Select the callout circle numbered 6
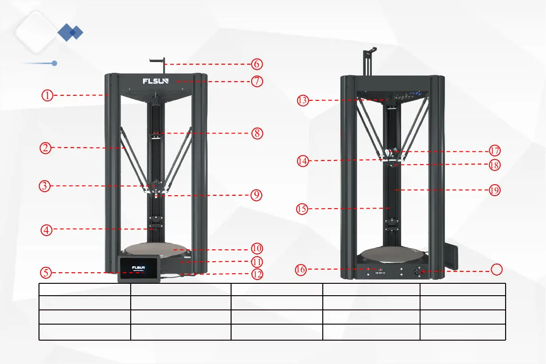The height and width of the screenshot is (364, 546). coord(257,64)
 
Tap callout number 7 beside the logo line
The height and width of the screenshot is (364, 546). coord(257,81)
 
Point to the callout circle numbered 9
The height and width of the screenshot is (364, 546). coord(257,195)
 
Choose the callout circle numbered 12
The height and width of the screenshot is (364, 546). coord(257,274)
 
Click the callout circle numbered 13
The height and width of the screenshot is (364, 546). coord(302,100)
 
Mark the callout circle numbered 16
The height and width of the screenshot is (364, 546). coord(300,270)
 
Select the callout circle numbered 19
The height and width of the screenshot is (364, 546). coord(494,190)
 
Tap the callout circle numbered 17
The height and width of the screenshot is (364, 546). coord(494,150)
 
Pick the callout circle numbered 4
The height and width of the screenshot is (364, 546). coord(46,230)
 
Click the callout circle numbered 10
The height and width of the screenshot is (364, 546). coord(257,248)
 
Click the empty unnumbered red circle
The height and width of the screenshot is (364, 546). coord(497,270)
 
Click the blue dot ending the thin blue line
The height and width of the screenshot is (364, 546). coord(54,63)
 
